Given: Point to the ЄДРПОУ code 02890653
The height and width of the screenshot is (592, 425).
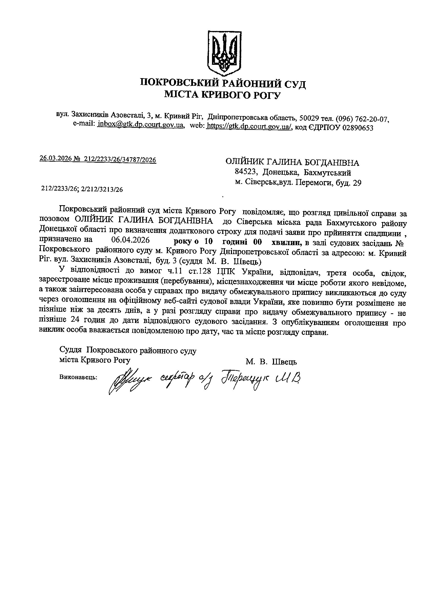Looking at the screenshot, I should coord(359,128).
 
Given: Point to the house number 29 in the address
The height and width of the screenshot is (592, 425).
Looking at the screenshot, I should coord(357,183).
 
